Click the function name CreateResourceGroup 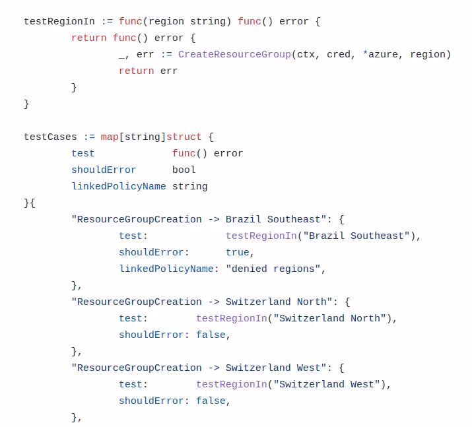point(234,55)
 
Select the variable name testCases point(50,137)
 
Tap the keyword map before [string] point(110,137)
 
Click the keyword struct point(184,137)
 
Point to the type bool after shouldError point(184,170)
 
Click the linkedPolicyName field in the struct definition point(119,187)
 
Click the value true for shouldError point(238,253)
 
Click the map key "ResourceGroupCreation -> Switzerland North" point(201,302)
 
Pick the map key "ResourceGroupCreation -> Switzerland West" point(199,368)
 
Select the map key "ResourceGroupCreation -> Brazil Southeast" point(199,220)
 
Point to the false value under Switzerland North point(211,335)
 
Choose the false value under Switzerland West point(211,401)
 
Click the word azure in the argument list point(383,55)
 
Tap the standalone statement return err point(148,71)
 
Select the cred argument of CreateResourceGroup point(339,55)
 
